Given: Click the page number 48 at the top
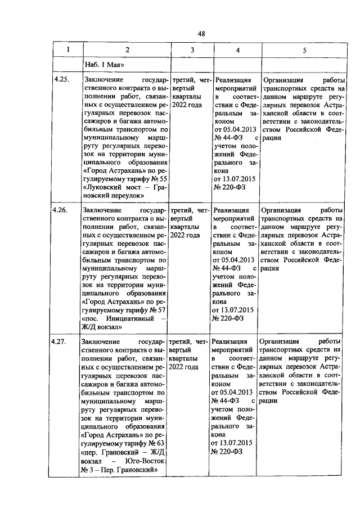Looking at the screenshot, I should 201,33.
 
